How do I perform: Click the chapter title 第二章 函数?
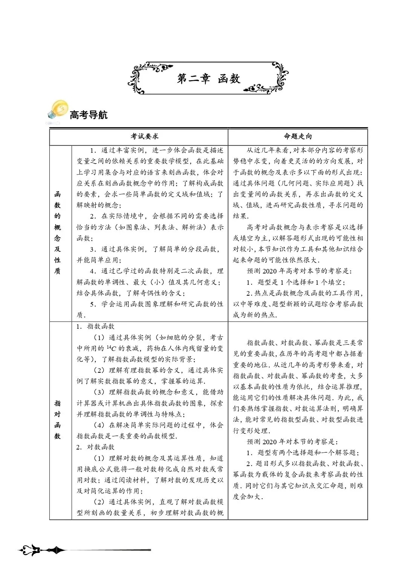(x=208, y=79)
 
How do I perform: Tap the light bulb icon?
(x=58, y=111)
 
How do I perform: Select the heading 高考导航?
(x=89, y=115)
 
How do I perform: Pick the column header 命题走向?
(x=298, y=137)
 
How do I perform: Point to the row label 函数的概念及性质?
(x=57, y=232)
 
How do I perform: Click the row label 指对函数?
(x=57, y=419)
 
